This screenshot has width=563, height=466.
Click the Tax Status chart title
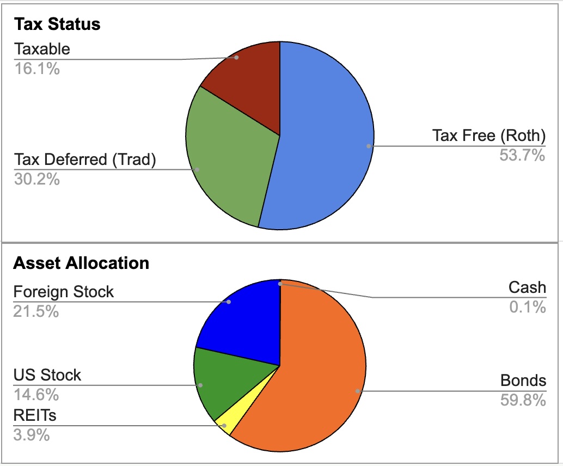(57, 24)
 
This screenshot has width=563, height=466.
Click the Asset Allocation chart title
(81, 263)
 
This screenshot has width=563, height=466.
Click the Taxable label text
(42, 49)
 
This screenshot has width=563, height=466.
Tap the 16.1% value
(36, 69)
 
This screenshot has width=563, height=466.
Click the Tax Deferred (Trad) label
(85, 160)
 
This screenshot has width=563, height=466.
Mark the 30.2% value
(36, 179)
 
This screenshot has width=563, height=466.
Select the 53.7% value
(522, 156)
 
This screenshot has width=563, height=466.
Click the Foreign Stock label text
(64, 292)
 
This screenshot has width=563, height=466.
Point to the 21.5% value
(36, 311)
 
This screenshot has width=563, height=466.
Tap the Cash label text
(527, 287)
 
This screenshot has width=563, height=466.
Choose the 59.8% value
(523, 401)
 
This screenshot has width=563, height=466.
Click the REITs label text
(35, 416)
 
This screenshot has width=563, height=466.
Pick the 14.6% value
(36, 394)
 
